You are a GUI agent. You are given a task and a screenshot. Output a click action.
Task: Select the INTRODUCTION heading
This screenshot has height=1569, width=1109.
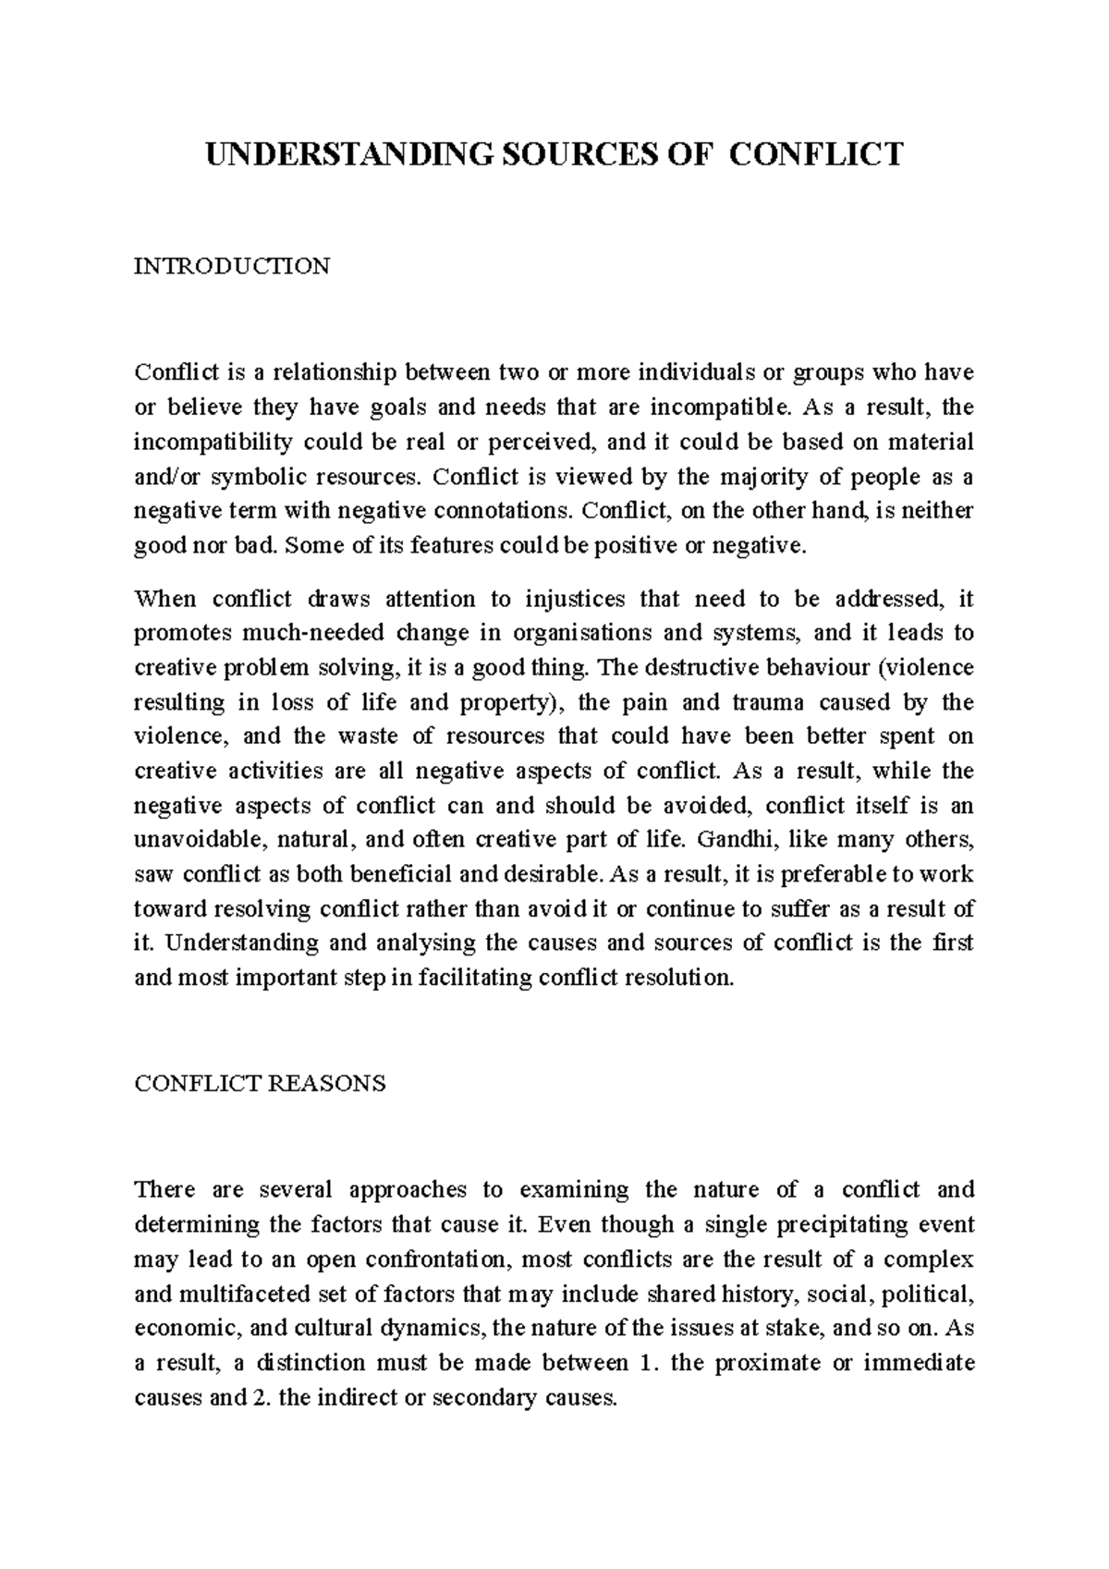click(232, 267)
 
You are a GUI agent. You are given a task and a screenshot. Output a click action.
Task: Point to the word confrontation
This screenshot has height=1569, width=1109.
click(436, 1259)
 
